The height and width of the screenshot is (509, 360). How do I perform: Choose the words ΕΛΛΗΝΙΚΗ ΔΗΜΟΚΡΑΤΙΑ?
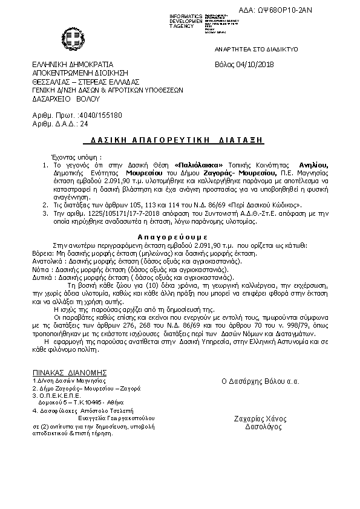pyautogui.click(x=73, y=65)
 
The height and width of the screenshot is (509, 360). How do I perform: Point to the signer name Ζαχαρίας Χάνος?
pyautogui.click(x=260, y=418)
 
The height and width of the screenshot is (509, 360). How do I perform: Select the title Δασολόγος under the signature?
pyautogui.click(x=260, y=426)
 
